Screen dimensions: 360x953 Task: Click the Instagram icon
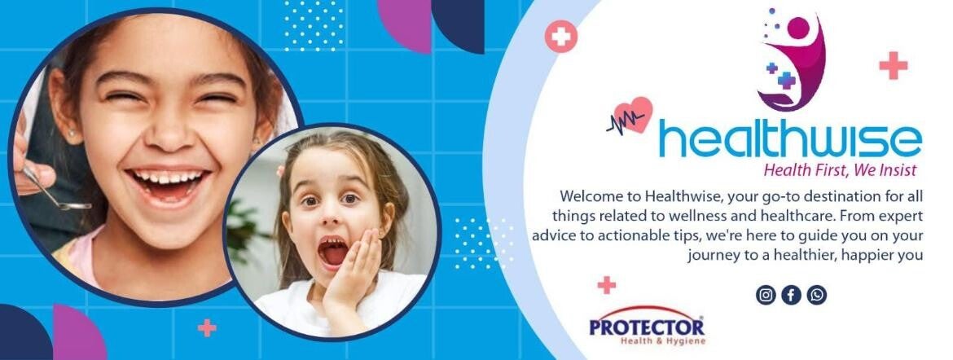(x=765, y=295)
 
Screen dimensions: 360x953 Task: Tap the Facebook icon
(x=791, y=295)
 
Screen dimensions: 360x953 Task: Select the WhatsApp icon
(x=817, y=295)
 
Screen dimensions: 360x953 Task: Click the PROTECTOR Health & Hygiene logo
(x=648, y=329)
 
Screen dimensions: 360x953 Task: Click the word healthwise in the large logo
(x=790, y=140)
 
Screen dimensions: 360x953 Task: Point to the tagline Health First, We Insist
(x=839, y=170)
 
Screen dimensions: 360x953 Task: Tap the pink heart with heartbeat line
(x=635, y=116)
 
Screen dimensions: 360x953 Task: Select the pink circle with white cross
(x=561, y=37)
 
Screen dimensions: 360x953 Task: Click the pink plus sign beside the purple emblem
(x=893, y=65)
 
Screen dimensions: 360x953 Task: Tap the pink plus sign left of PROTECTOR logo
(x=606, y=285)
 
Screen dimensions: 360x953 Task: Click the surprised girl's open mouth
(x=332, y=252)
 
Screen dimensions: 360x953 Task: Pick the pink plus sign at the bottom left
(x=207, y=327)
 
